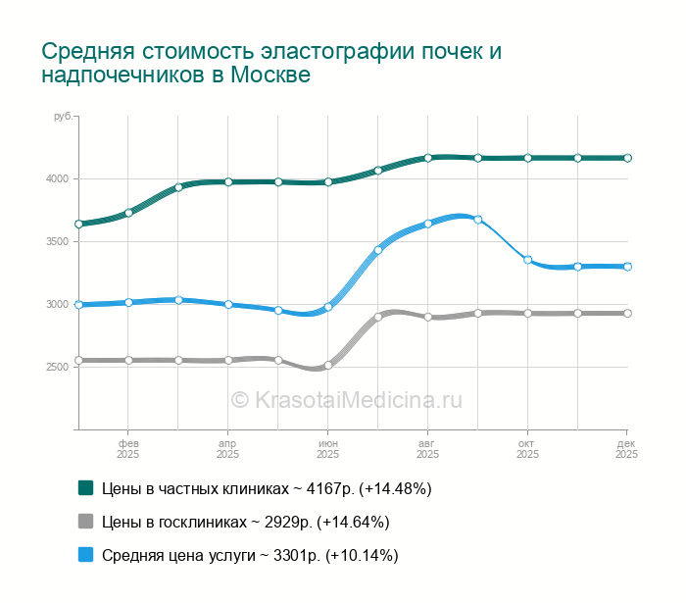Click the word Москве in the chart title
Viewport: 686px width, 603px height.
click(x=270, y=75)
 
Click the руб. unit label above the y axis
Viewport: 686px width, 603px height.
click(x=63, y=117)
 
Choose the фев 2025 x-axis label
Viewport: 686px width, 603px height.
click(x=127, y=449)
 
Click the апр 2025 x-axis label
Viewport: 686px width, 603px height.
click(x=227, y=449)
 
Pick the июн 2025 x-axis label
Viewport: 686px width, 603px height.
click(x=327, y=449)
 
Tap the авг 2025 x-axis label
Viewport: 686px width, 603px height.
click(x=427, y=449)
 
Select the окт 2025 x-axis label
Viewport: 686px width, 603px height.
click(x=527, y=449)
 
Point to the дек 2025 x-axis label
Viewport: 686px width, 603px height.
click(x=627, y=449)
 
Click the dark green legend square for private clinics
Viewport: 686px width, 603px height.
click(x=85, y=487)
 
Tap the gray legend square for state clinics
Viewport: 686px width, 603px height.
click(x=85, y=521)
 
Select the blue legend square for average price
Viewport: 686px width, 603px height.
click(x=85, y=554)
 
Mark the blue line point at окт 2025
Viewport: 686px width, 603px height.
click(x=527, y=260)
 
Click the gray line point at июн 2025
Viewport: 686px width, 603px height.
click(x=328, y=366)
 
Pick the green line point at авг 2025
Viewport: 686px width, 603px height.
click(x=428, y=157)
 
